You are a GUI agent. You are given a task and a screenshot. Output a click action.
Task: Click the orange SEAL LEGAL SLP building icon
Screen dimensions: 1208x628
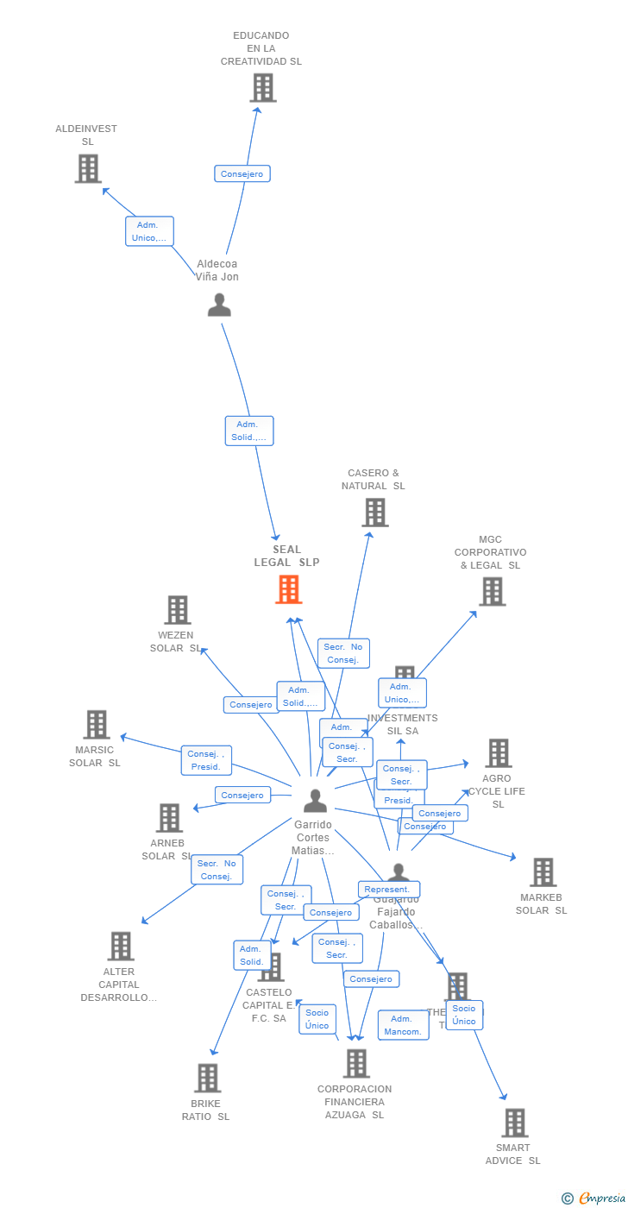coord(288,589)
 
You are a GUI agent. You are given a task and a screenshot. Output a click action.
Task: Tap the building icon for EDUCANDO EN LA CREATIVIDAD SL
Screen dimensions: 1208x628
coord(262,87)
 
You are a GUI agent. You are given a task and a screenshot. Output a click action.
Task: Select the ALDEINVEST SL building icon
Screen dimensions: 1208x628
coord(88,168)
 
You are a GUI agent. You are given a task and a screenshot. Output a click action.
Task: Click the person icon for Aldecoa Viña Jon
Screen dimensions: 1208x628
coord(219,305)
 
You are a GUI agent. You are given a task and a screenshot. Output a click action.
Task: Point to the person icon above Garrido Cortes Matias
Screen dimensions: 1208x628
coord(315,801)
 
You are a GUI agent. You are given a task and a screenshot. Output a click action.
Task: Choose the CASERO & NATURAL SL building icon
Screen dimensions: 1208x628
coord(374,513)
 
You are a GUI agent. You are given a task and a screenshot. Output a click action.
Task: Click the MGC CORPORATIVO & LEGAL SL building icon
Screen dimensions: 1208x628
coord(492,591)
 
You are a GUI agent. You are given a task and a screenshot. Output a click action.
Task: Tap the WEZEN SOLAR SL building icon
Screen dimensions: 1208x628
coord(177,610)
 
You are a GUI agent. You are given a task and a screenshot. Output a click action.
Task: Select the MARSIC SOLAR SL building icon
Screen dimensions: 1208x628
coord(96,725)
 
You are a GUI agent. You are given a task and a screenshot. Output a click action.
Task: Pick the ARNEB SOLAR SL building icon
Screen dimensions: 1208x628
coord(169,818)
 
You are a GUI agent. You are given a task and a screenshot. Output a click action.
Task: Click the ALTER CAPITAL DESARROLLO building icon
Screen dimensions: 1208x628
coord(121,946)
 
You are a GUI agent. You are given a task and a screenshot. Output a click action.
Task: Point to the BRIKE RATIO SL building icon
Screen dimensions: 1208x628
coord(207,1078)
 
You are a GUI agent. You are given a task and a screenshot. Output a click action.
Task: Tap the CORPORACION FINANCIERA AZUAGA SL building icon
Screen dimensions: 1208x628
coord(356,1063)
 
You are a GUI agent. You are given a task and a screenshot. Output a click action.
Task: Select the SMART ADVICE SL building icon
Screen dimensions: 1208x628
coord(514,1123)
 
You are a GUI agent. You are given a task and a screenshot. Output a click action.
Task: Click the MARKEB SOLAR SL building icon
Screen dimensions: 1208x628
coord(543,872)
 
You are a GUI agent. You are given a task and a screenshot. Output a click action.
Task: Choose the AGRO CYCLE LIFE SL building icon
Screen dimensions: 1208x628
coord(498,753)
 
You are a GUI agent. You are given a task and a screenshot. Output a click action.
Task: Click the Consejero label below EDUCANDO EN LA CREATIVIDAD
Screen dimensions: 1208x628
coord(242,173)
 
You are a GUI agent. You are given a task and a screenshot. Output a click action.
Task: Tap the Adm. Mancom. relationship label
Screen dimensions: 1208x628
coord(403,1025)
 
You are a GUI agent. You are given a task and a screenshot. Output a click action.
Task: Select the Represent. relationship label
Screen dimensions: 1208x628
coord(389,890)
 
